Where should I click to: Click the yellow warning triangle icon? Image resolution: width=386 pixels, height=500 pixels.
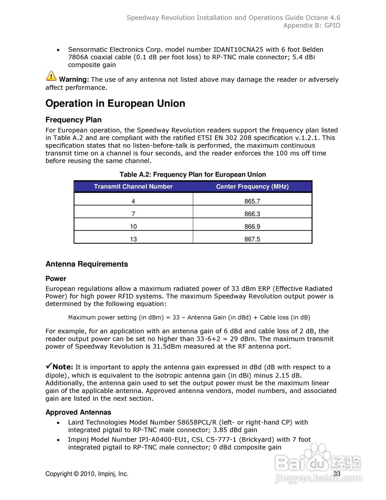51,76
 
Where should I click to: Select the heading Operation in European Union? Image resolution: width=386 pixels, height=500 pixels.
115,104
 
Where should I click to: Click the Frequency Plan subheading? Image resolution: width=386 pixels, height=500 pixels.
73,120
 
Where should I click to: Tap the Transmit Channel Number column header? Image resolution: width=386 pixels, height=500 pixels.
133,187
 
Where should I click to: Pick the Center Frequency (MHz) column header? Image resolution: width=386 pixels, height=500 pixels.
252,187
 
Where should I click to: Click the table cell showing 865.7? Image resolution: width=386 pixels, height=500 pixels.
252,202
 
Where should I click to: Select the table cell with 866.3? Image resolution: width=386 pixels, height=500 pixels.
252,214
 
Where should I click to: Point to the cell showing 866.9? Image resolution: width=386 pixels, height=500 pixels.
252,227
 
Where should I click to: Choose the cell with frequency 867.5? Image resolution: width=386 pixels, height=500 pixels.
252,239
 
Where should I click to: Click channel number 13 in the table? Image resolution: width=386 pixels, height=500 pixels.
133,239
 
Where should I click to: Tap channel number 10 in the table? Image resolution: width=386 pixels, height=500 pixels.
133,227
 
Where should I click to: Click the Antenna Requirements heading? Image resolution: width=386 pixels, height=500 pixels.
87,264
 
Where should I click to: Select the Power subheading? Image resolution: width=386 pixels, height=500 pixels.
56,279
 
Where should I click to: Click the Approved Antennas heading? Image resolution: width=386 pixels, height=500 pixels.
78,412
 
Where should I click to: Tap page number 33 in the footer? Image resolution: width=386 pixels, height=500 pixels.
337,474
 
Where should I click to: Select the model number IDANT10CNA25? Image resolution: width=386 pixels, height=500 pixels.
238,50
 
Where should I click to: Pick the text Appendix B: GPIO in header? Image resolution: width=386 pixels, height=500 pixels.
311,25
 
